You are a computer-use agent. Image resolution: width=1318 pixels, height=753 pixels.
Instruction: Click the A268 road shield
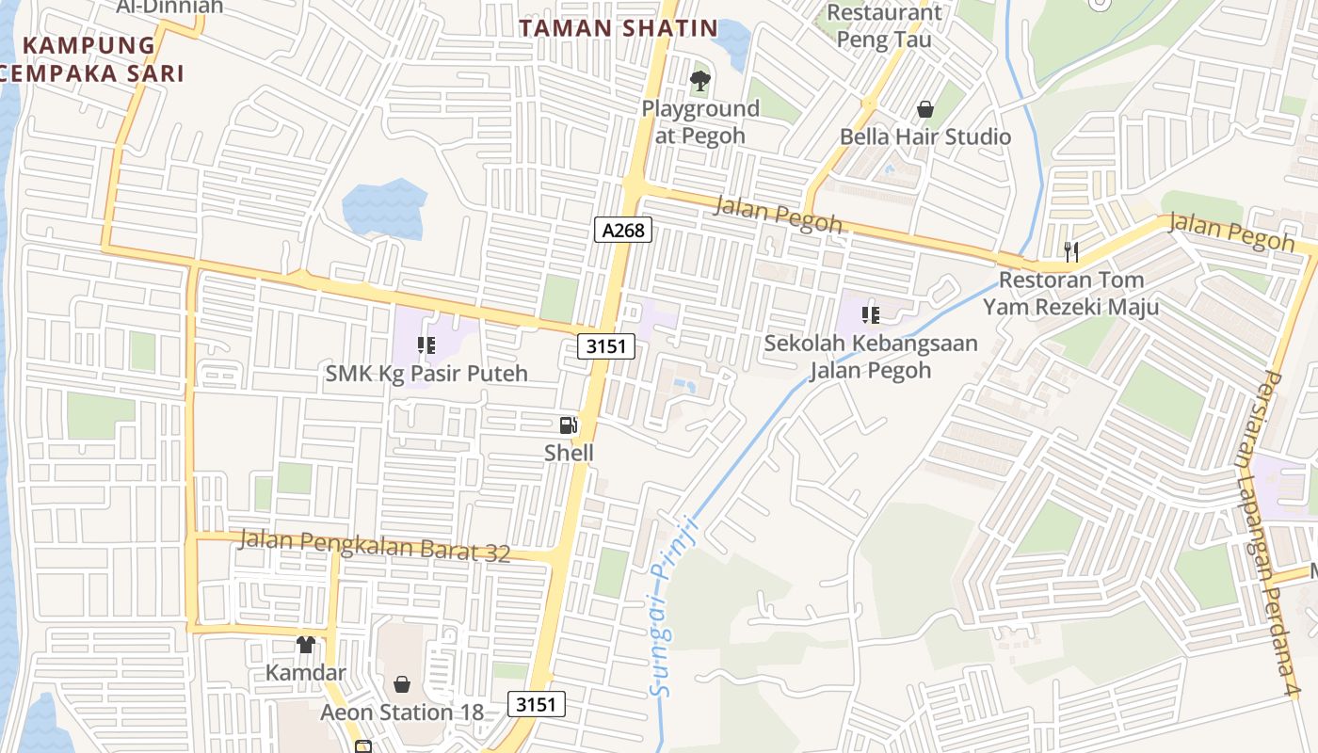click(x=623, y=229)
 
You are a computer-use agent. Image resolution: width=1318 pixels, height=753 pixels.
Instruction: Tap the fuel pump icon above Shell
click(x=569, y=426)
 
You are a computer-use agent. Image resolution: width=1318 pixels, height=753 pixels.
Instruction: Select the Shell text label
click(x=570, y=453)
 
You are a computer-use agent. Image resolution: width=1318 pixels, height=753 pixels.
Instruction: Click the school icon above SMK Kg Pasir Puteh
click(x=426, y=346)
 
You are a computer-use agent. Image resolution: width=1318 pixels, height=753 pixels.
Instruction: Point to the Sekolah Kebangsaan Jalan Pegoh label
click(x=871, y=357)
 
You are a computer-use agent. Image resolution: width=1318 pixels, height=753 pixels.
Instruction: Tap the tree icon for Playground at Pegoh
click(x=699, y=81)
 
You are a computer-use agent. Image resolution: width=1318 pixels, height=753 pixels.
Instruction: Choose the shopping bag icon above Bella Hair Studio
click(x=925, y=109)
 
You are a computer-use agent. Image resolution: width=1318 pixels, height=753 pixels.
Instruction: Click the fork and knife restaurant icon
click(x=1070, y=251)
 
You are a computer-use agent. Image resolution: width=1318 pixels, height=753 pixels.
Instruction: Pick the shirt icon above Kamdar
click(x=306, y=645)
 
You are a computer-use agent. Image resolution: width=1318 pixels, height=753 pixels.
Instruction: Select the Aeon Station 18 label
click(x=402, y=712)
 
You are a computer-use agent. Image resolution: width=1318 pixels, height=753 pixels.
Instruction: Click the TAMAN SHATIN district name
click(x=619, y=28)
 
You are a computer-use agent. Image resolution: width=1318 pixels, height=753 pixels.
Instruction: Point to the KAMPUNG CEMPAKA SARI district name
click(x=90, y=58)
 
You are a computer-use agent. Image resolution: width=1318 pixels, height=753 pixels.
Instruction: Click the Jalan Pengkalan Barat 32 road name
click(x=375, y=546)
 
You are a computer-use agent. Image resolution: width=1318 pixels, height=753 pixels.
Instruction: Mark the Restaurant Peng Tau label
click(x=883, y=26)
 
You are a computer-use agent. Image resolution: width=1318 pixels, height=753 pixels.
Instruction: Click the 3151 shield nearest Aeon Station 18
click(x=537, y=703)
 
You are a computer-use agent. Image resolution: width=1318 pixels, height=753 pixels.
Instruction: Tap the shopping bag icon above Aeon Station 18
click(x=402, y=683)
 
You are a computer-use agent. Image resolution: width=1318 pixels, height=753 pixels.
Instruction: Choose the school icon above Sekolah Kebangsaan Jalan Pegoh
click(x=871, y=314)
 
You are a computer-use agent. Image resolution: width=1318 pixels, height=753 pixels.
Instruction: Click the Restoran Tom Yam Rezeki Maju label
click(x=1071, y=293)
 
